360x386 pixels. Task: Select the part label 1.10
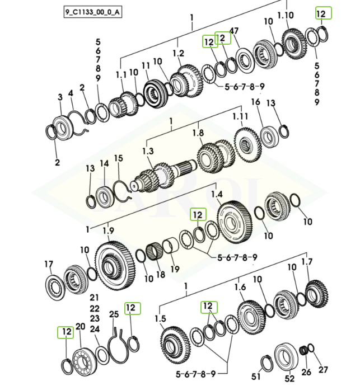(x=286, y=15)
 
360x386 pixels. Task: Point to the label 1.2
(x=179, y=54)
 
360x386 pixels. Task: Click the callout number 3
(x=60, y=97)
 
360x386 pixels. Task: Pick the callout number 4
(x=71, y=93)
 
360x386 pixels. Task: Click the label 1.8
(x=198, y=133)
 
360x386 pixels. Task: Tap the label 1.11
(x=240, y=116)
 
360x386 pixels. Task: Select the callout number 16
(x=256, y=102)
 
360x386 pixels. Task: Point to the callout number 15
(x=118, y=159)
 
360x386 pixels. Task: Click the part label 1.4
(x=217, y=194)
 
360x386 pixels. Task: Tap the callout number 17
(x=49, y=264)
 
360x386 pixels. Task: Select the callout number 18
(x=161, y=275)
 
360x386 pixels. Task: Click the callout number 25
(x=114, y=314)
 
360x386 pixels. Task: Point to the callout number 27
(x=323, y=370)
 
